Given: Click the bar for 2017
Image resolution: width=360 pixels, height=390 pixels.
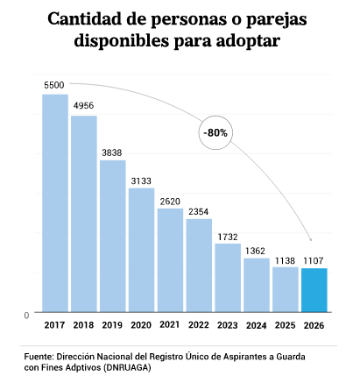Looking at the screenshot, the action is (x=55, y=203).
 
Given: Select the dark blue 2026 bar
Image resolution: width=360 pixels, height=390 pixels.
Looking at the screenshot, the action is (x=314, y=290).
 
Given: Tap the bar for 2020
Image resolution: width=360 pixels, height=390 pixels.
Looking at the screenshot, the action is (x=142, y=250).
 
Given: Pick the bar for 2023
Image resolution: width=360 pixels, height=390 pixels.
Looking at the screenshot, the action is (x=228, y=278).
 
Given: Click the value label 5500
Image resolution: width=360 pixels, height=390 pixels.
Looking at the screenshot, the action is (x=54, y=85).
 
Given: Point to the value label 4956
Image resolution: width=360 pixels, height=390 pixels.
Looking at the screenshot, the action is (x=83, y=105).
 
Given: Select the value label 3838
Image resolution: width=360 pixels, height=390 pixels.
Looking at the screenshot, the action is (x=112, y=152).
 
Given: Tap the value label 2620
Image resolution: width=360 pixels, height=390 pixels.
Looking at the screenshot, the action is (x=170, y=202).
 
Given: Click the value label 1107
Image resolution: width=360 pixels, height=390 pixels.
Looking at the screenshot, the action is (x=314, y=260).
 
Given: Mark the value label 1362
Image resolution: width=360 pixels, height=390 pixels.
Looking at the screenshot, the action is (x=255, y=251).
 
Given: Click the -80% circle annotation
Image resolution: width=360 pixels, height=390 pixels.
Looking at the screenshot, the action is (x=215, y=133).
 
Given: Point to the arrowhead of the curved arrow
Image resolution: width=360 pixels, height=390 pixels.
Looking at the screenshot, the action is (x=311, y=239).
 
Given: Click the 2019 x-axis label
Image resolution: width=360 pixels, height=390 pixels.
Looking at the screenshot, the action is (x=112, y=325).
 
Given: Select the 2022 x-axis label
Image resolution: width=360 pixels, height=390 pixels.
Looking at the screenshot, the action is (x=199, y=325).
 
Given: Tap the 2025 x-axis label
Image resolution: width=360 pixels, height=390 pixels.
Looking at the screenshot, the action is (x=285, y=325).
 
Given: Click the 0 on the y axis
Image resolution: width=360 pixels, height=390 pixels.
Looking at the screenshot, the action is (x=26, y=316).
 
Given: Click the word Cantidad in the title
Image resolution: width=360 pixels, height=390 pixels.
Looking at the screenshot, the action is (x=85, y=19).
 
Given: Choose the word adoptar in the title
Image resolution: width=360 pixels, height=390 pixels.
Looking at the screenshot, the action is (x=248, y=41).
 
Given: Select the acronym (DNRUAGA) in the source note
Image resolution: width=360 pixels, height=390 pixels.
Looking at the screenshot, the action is (x=127, y=367).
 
